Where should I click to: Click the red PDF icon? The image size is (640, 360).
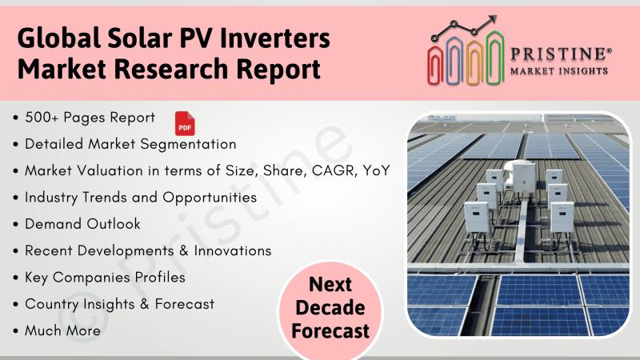[x=185, y=123]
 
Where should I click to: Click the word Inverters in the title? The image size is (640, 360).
[x=274, y=38]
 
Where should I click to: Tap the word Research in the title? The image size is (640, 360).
[x=171, y=68]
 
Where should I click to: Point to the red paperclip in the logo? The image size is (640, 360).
[x=435, y=66]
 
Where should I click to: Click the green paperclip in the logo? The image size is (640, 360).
[x=495, y=58]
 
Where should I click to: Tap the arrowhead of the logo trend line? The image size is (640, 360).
[x=493, y=19]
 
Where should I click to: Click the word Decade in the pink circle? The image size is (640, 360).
[x=330, y=307]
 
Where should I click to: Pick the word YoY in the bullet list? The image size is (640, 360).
[x=376, y=170]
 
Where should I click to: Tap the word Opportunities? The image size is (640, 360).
[x=210, y=198]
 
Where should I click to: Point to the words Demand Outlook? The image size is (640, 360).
[x=82, y=224]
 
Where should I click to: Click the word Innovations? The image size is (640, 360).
[x=233, y=250]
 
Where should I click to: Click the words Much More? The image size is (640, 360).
[x=62, y=330]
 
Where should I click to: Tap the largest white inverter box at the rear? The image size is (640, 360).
[x=523, y=177]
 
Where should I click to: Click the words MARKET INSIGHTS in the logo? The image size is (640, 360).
[x=559, y=71]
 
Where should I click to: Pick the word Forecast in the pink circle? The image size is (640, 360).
[x=330, y=331]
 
